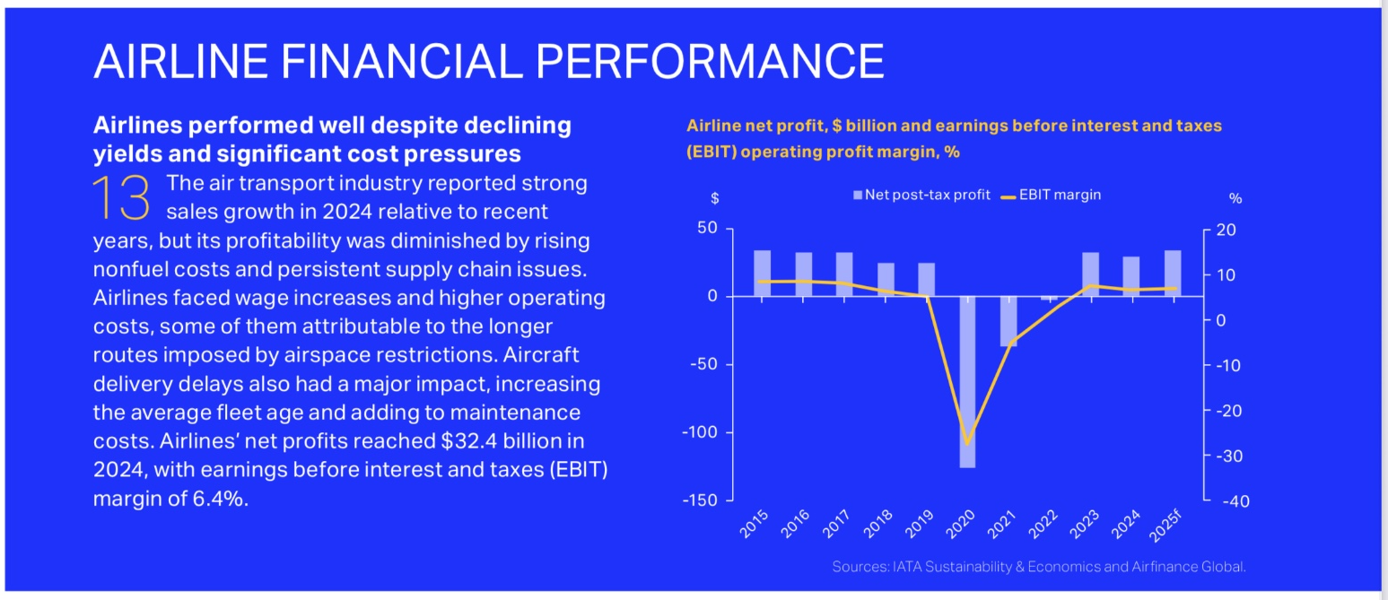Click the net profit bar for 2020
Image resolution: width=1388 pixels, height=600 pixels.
click(x=966, y=381)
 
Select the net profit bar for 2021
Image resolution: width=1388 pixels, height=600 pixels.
click(x=1008, y=321)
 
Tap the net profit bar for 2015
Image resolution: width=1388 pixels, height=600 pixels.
click(x=762, y=273)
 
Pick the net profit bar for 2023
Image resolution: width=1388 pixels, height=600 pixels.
click(x=1091, y=274)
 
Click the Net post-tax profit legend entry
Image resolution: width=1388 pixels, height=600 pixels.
click(x=921, y=195)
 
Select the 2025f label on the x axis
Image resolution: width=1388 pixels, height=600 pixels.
click(x=1164, y=526)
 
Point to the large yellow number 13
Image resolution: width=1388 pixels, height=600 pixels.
click(x=121, y=198)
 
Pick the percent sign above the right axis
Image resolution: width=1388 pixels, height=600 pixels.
click(x=1235, y=198)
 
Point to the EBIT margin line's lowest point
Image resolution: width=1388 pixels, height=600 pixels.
click(x=967, y=443)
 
